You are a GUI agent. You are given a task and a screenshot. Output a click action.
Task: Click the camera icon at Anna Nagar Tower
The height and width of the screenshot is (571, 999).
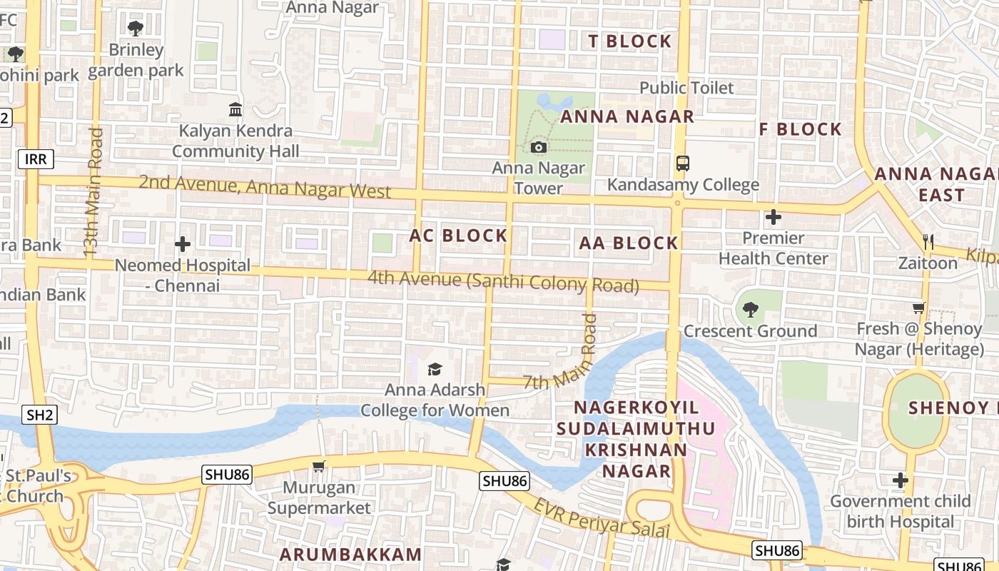pos(539,148)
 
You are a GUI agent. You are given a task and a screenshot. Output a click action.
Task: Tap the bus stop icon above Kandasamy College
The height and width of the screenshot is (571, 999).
pos(683,163)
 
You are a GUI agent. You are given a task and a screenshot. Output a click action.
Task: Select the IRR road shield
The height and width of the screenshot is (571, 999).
pos(35,158)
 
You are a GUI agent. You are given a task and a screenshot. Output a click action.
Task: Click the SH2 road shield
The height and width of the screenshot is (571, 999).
pos(39,414)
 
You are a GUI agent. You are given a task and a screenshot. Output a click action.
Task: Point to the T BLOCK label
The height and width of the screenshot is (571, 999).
pos(630,41)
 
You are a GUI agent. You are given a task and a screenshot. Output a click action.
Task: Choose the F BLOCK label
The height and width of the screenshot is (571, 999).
pos(800,129)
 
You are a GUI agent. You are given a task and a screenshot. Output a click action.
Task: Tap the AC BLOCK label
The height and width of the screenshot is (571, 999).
pos(458,236)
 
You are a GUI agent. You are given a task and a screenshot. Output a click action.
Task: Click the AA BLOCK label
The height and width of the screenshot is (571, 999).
pos(628,243)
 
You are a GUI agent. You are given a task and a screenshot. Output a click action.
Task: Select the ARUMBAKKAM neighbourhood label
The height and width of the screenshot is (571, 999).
pos(350,555)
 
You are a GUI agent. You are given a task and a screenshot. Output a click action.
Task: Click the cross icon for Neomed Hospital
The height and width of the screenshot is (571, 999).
pos(183,244)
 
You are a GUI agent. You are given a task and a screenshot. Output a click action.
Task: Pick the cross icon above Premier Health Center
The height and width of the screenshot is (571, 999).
pos(774,217)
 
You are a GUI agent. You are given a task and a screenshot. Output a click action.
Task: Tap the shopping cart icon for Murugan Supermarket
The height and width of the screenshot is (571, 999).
pos(319,467)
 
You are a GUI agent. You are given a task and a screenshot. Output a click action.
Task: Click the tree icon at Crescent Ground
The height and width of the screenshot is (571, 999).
pos(750,310)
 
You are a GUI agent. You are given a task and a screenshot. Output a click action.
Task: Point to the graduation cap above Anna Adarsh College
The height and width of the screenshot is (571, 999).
pos(435,369)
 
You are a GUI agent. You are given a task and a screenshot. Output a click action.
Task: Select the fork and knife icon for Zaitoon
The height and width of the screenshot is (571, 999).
pos(928,242)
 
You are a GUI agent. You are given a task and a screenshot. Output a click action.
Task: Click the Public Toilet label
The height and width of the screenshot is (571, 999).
pos(686,88)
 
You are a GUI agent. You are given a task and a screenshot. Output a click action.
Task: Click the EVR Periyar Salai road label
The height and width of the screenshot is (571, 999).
pos(603,519)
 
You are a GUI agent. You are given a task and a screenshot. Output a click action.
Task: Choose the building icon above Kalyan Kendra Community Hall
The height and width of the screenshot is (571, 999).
pos(235,109)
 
